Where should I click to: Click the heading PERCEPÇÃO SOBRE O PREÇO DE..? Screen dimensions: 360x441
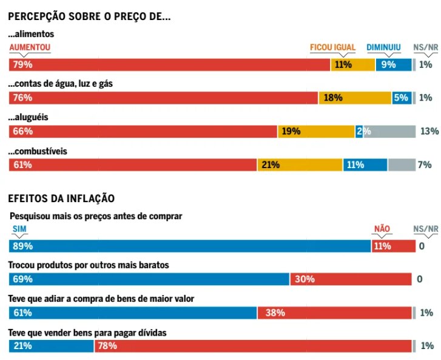click(89, 17)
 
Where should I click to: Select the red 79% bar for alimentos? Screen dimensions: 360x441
click(169, 64)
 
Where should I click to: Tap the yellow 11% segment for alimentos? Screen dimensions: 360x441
click(352, 64)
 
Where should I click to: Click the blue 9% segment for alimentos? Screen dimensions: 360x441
click(393, 64)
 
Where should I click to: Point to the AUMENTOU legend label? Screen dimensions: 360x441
click(30, 47)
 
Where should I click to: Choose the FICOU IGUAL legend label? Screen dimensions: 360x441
click(332, 47)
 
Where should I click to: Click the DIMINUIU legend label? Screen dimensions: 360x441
click(383, 47)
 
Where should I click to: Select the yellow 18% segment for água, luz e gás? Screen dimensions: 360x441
click(354, 98)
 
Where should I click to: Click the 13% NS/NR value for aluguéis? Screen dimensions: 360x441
click(429, 131)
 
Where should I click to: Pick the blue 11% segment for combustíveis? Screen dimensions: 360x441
click(365, 165)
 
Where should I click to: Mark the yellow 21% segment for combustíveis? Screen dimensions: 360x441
click(300, 165)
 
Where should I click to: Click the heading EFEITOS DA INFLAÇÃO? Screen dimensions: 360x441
click(61, 199)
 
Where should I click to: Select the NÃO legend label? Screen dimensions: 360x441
click(382, 229)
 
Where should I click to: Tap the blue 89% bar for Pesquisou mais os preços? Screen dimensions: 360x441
click(190, 246)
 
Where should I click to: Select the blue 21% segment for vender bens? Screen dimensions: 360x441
click(51, 346)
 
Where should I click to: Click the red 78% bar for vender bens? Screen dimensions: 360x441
click(253, 346)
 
